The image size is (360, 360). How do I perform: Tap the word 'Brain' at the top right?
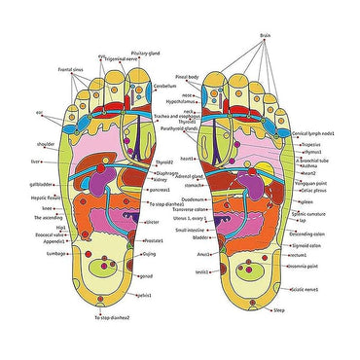point(265,34)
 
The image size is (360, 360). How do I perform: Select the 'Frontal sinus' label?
point(43,71)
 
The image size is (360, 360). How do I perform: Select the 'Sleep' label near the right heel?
point(279,310)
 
